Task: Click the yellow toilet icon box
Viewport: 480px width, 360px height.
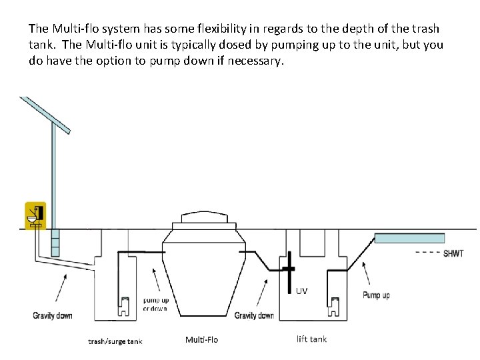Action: pyautogui.click(x=35, y=215)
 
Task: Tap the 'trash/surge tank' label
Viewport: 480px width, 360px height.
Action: pyautogui.click(x=115, y=341)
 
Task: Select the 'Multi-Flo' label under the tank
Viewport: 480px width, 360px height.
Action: pyautogui.click(x=201, y=340)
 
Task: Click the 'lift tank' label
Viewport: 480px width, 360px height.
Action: pyautogui.click(x=311, y=339)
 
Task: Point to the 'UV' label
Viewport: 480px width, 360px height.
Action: pyautogui.click(x=301, y=291)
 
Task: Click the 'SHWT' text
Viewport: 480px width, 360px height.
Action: pyautogui.click(x=453, y=253)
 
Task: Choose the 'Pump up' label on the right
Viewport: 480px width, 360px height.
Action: pyautogui.click(x=376, y=295)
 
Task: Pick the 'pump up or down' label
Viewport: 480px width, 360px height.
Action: pyautogui.click(x=155, y=305)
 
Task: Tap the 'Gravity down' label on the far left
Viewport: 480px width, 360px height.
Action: pyautogui.click(x=53, y=315)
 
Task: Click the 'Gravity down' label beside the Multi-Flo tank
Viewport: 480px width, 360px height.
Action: pyautogui.click(x=254, y=315)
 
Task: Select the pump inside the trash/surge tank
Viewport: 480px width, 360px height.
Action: pyautogui.click(x=124, y=305)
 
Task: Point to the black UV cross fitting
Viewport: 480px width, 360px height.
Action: pyautogui.click(x=288, y=268)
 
